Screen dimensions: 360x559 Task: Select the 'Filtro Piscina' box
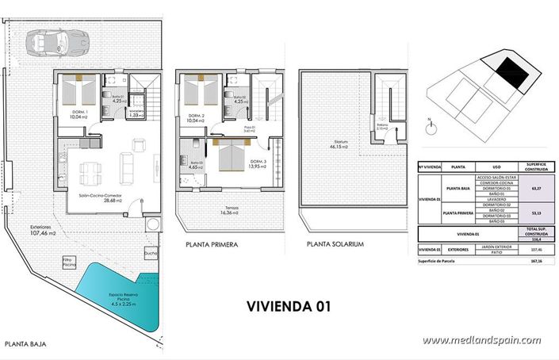(68, 262)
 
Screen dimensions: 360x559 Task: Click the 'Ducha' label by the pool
(151, 255)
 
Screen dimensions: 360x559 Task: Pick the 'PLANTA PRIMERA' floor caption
(212, 245)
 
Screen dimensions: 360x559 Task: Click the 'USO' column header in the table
(496, 167)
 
